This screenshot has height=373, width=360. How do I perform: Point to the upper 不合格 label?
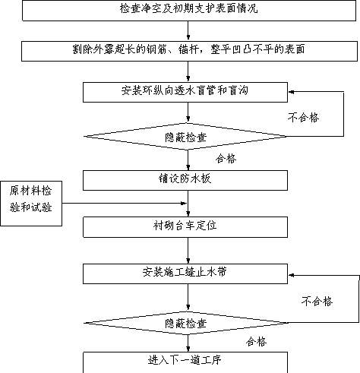[303, 118]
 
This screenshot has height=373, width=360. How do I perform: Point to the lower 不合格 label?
[317, 302]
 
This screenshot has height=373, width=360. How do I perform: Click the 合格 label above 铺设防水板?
[226, 159]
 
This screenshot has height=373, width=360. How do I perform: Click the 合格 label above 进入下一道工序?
[256, 342]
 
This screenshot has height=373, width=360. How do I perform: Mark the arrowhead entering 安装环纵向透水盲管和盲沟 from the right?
[291, 92]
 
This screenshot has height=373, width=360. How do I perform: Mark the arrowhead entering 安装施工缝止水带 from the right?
[291, 275]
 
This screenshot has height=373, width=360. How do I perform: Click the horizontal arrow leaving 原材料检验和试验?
[125, 203]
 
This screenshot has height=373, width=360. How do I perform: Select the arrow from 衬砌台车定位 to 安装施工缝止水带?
[188, 251]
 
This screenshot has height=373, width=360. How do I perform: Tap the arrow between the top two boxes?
[188, 31]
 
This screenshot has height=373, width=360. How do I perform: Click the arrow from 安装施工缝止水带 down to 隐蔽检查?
[188, 297]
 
